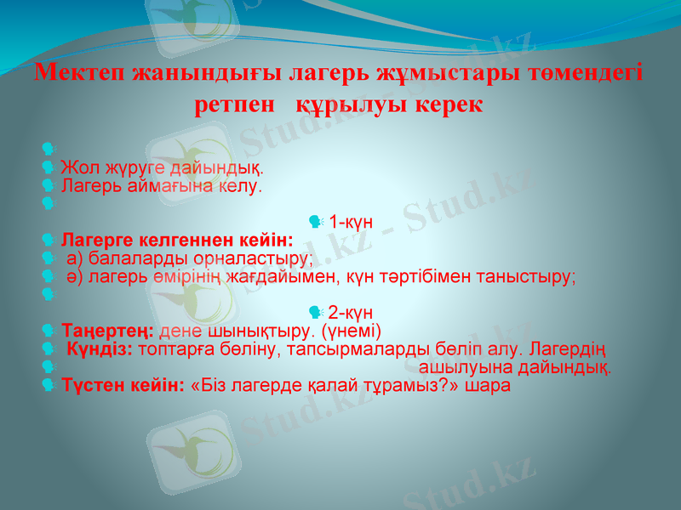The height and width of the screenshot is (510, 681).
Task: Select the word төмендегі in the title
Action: point(587,72)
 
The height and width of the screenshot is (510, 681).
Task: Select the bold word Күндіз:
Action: point(100,349)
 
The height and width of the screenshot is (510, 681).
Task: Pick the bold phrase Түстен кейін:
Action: point(123,385)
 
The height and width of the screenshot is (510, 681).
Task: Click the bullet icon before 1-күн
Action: point(316,223)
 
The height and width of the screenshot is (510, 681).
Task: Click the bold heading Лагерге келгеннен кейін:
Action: point(177,240)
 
